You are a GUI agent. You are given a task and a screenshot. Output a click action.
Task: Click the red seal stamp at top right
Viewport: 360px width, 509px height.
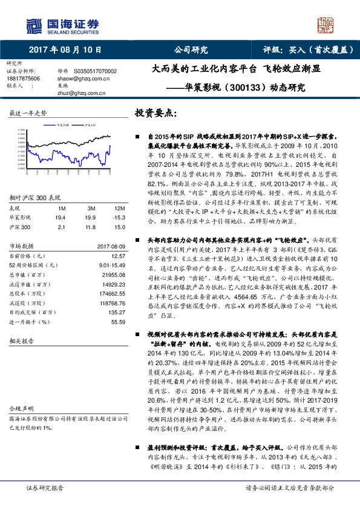(326, 25)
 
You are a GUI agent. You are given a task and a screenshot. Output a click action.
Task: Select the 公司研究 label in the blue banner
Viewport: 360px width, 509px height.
(191, 50)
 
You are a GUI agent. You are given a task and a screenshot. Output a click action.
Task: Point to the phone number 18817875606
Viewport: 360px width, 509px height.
(24, 79)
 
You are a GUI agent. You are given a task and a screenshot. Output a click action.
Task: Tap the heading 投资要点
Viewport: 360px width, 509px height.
(156, 114)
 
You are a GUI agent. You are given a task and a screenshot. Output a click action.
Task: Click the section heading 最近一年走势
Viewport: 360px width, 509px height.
(28, 114)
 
